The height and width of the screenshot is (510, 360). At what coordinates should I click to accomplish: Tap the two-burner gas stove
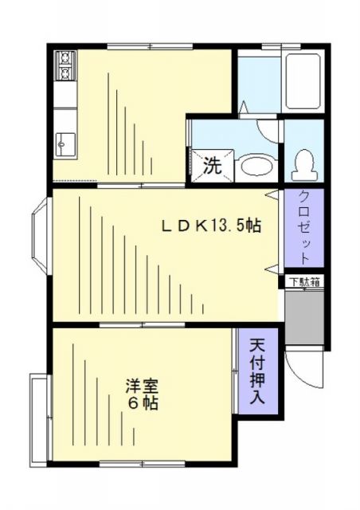[64, 66]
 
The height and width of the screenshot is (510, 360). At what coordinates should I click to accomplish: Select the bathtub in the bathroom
[303, 82]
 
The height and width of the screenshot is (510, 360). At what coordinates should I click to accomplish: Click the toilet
[303, 163]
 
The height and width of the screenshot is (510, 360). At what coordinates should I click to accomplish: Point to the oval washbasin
[255, 166]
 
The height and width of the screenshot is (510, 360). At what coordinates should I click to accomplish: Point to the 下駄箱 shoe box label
[303, 281]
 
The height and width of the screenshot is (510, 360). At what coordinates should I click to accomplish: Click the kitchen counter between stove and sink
[64, 104]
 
